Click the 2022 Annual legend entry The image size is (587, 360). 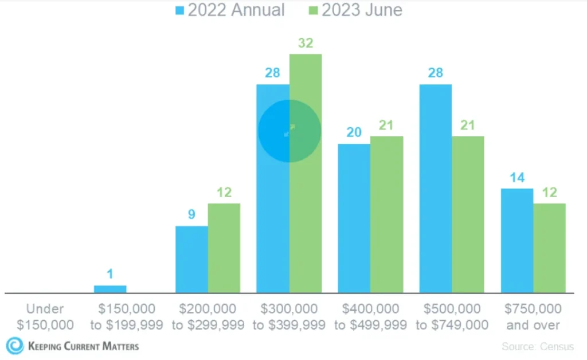(229, 10)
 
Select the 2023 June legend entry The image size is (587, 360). (355, 10)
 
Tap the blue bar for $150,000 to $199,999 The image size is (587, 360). (110, 289)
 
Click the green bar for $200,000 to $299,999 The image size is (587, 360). (224, 248)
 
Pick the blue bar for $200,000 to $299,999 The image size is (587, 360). (191, 259)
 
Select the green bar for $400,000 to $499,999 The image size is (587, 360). (386, 214)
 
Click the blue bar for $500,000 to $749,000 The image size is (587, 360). (436, 189)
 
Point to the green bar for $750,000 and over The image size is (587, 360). (550, 248)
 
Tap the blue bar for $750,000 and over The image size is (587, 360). (517, 241)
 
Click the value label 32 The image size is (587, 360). (305, 44)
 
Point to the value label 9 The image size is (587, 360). (191, 215)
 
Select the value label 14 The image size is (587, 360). (517, 178)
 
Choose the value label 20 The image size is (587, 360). (354, 132)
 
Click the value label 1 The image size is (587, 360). (110, 274)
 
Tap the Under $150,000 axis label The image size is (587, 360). (45, 317)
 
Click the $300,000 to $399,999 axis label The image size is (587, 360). (289, 317)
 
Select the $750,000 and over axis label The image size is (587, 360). (533, 317)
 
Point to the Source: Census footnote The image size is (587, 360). (537, 346)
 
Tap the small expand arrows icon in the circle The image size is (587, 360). (289, 131)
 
